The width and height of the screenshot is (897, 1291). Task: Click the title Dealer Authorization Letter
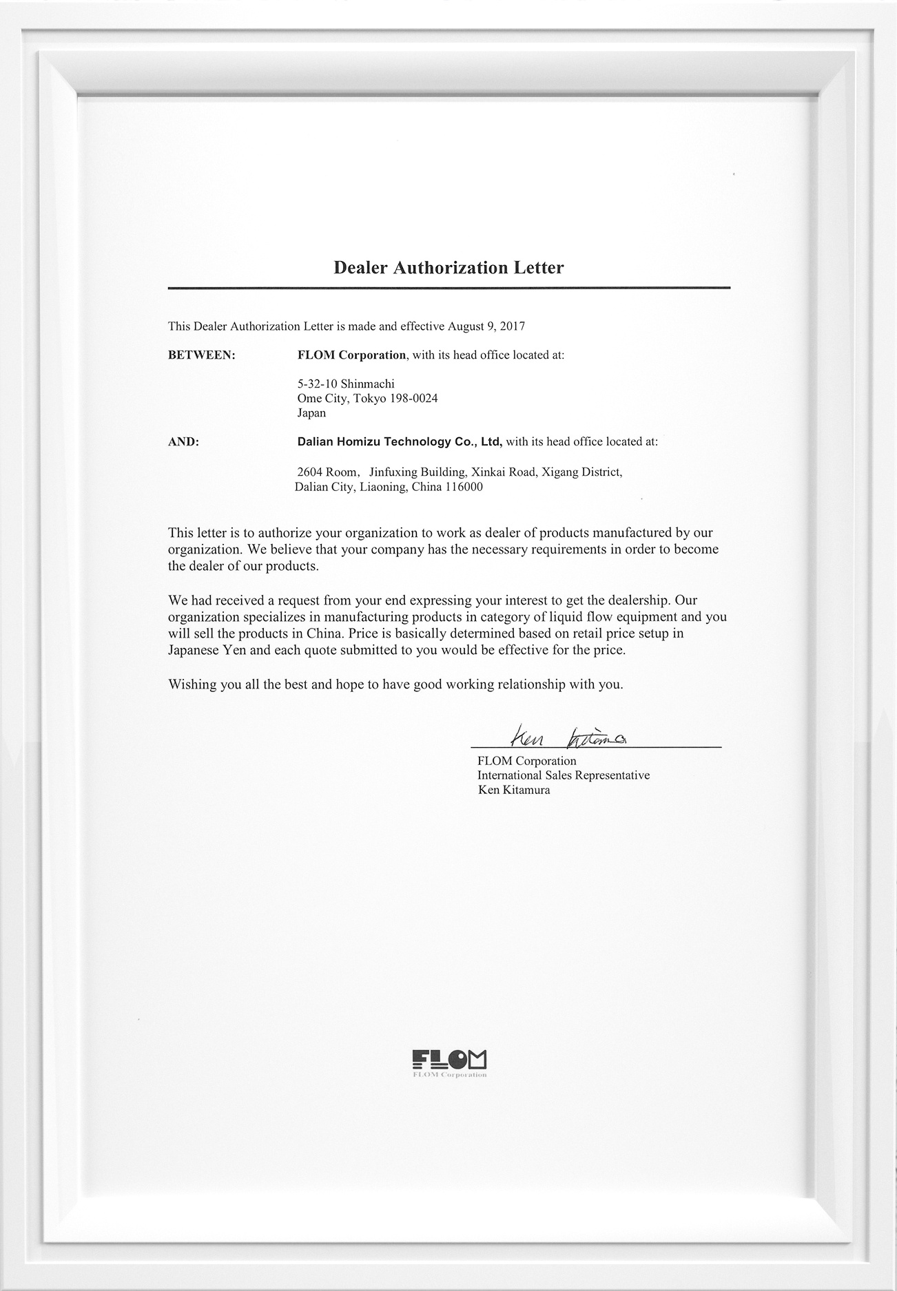pos(448,268)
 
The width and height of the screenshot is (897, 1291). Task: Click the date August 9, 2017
pos(486,326)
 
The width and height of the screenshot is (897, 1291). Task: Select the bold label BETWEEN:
pos(202,355)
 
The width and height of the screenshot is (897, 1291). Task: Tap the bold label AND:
pos(183,442)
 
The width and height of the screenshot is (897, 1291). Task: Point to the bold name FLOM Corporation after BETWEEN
pos(351,355)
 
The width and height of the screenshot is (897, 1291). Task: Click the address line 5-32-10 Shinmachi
pos(346,384)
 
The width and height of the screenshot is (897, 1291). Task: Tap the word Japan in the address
pos(311,413)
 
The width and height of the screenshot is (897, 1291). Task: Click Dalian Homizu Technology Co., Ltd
pos(400,442)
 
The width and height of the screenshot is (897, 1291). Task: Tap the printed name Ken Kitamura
pos(514,790)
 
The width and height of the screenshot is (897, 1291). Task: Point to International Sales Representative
pos(564,775)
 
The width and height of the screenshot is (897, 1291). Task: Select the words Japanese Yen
pos(200,650)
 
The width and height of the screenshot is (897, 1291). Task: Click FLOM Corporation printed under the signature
pos(527,761)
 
